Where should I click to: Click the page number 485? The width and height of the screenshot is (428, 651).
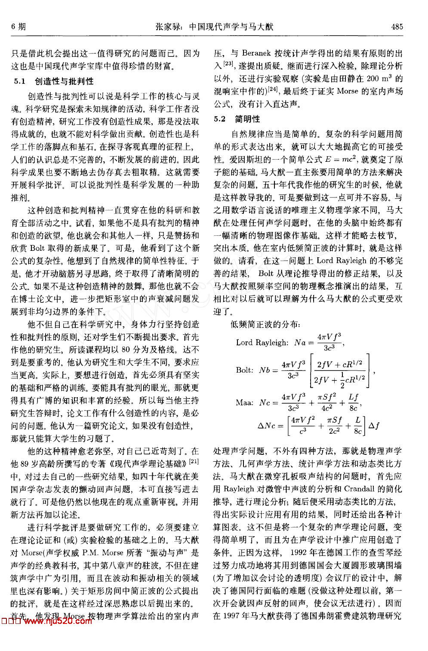(x=397, y=27)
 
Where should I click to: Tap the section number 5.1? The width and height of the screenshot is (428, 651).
(x=20, y=81)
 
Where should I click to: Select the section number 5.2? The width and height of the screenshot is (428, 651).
(x=220, y=119)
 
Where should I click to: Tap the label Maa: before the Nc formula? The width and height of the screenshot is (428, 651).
(x=244, y=402)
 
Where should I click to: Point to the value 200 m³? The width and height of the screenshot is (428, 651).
(x=382, y=79)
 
